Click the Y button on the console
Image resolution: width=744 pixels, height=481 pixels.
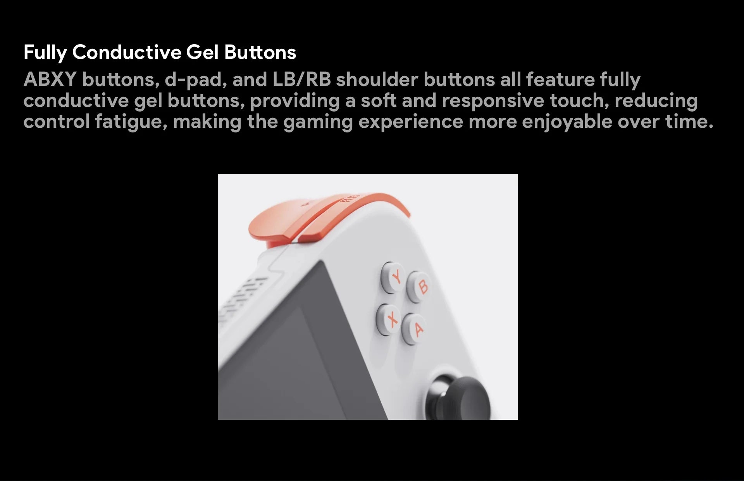tap(393, 277)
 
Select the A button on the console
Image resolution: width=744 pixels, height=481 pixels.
tap(414, 329)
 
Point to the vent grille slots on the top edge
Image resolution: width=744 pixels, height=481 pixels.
tap(242, 298)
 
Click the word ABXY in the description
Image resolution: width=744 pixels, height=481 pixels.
tap(50, 79)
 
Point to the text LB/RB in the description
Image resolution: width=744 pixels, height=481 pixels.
tap(301, 79)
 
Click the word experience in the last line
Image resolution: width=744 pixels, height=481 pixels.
tap(411, 122)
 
